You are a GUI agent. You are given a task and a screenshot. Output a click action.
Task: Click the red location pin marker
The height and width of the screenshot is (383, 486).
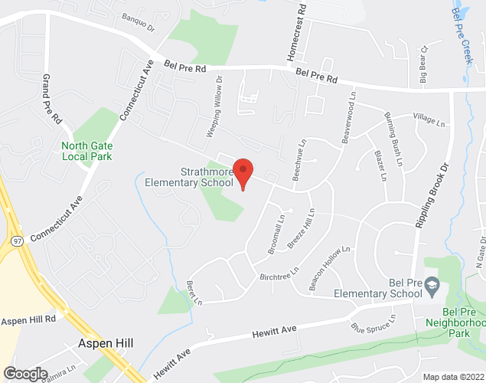coord(243,172)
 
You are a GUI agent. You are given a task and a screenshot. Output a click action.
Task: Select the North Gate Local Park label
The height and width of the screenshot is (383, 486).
coord(86,150)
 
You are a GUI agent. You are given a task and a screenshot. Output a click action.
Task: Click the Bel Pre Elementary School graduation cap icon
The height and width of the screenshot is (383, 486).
coord(431,284)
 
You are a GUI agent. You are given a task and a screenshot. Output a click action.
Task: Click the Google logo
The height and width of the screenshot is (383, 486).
coord(25,373)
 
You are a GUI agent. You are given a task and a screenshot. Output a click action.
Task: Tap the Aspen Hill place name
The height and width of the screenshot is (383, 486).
coord(106,344)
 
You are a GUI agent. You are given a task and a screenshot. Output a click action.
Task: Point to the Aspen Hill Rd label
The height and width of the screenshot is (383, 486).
coord(29,319)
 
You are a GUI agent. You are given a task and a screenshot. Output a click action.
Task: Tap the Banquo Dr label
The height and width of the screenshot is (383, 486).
coord(139,22)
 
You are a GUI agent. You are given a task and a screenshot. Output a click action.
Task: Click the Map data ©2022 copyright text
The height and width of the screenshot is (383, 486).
coord(452,377)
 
